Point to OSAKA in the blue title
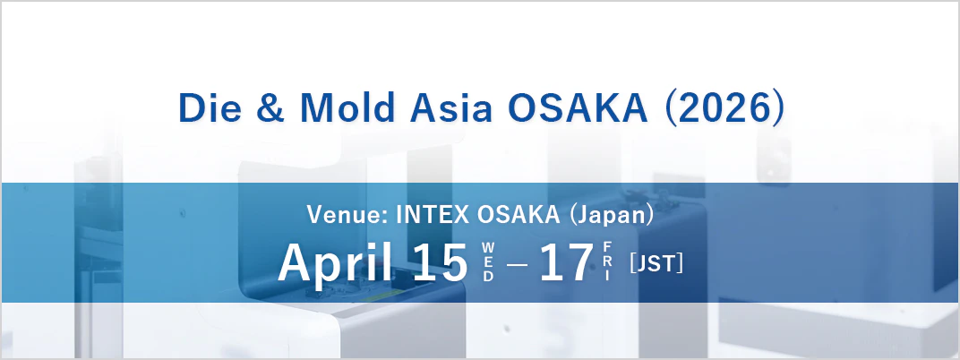pyautogui.click(x=578, y=108)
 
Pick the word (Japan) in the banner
pyautogui.click(x=611, y=215)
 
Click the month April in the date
pyautogui.click(x=336, y=262)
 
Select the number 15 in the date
pyautogui.click(x=440, y=262)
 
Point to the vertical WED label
pyautogui.click(x=488, y=261)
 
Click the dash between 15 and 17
pyautogui.click(x=517, y=264)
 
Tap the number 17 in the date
pyautogui.click(x=566, y=262)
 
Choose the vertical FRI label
pyautogui.click(x=607, y=261)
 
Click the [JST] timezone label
pyautogui.click(x=656, y=263)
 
